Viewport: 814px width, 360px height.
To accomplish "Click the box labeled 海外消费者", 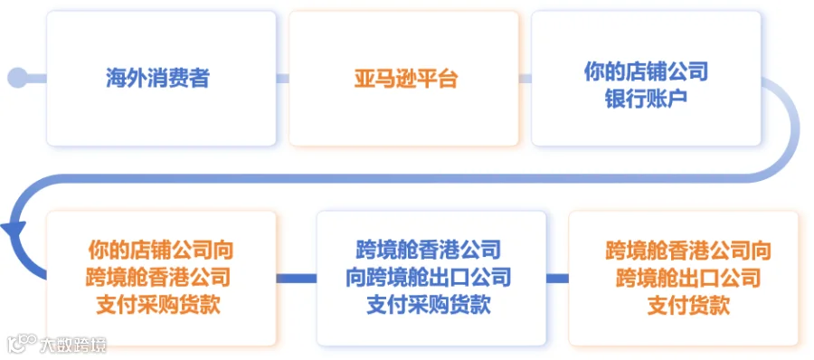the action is tap(161, 79).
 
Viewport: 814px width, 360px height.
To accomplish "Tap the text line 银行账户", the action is tap(647, 98).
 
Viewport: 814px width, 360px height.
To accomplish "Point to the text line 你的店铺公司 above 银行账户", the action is tap(647, 71).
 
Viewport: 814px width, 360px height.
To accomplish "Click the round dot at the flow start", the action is tap(17, 78).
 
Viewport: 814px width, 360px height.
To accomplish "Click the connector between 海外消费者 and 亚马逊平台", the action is tap(282, 79).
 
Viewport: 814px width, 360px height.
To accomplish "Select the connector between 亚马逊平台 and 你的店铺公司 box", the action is tap(525, 79).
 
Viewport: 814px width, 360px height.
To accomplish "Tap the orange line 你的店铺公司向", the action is tap(161, 251).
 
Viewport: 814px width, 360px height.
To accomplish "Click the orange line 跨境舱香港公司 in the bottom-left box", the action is tap(158, 278).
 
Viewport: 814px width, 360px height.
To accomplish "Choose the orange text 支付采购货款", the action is tap(158, 306).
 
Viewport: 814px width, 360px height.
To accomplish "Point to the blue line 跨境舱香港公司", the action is tap(429, 251).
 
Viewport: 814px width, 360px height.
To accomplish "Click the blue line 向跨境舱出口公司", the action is tap(429, 278).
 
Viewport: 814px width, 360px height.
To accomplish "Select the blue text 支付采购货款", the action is tap(429, 306).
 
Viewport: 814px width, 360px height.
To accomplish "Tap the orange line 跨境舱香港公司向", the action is tap(688, 251).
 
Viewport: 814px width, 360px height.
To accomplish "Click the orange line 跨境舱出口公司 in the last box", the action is tap(688, 278).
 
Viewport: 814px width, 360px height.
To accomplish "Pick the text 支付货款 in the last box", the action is tap(688, 306).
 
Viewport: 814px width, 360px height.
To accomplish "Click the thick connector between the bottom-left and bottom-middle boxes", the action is tap(297, 279).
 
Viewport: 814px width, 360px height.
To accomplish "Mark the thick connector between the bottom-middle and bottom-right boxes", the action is tap(557, 279).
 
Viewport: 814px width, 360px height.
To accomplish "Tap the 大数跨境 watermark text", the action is tap(72, 345).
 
